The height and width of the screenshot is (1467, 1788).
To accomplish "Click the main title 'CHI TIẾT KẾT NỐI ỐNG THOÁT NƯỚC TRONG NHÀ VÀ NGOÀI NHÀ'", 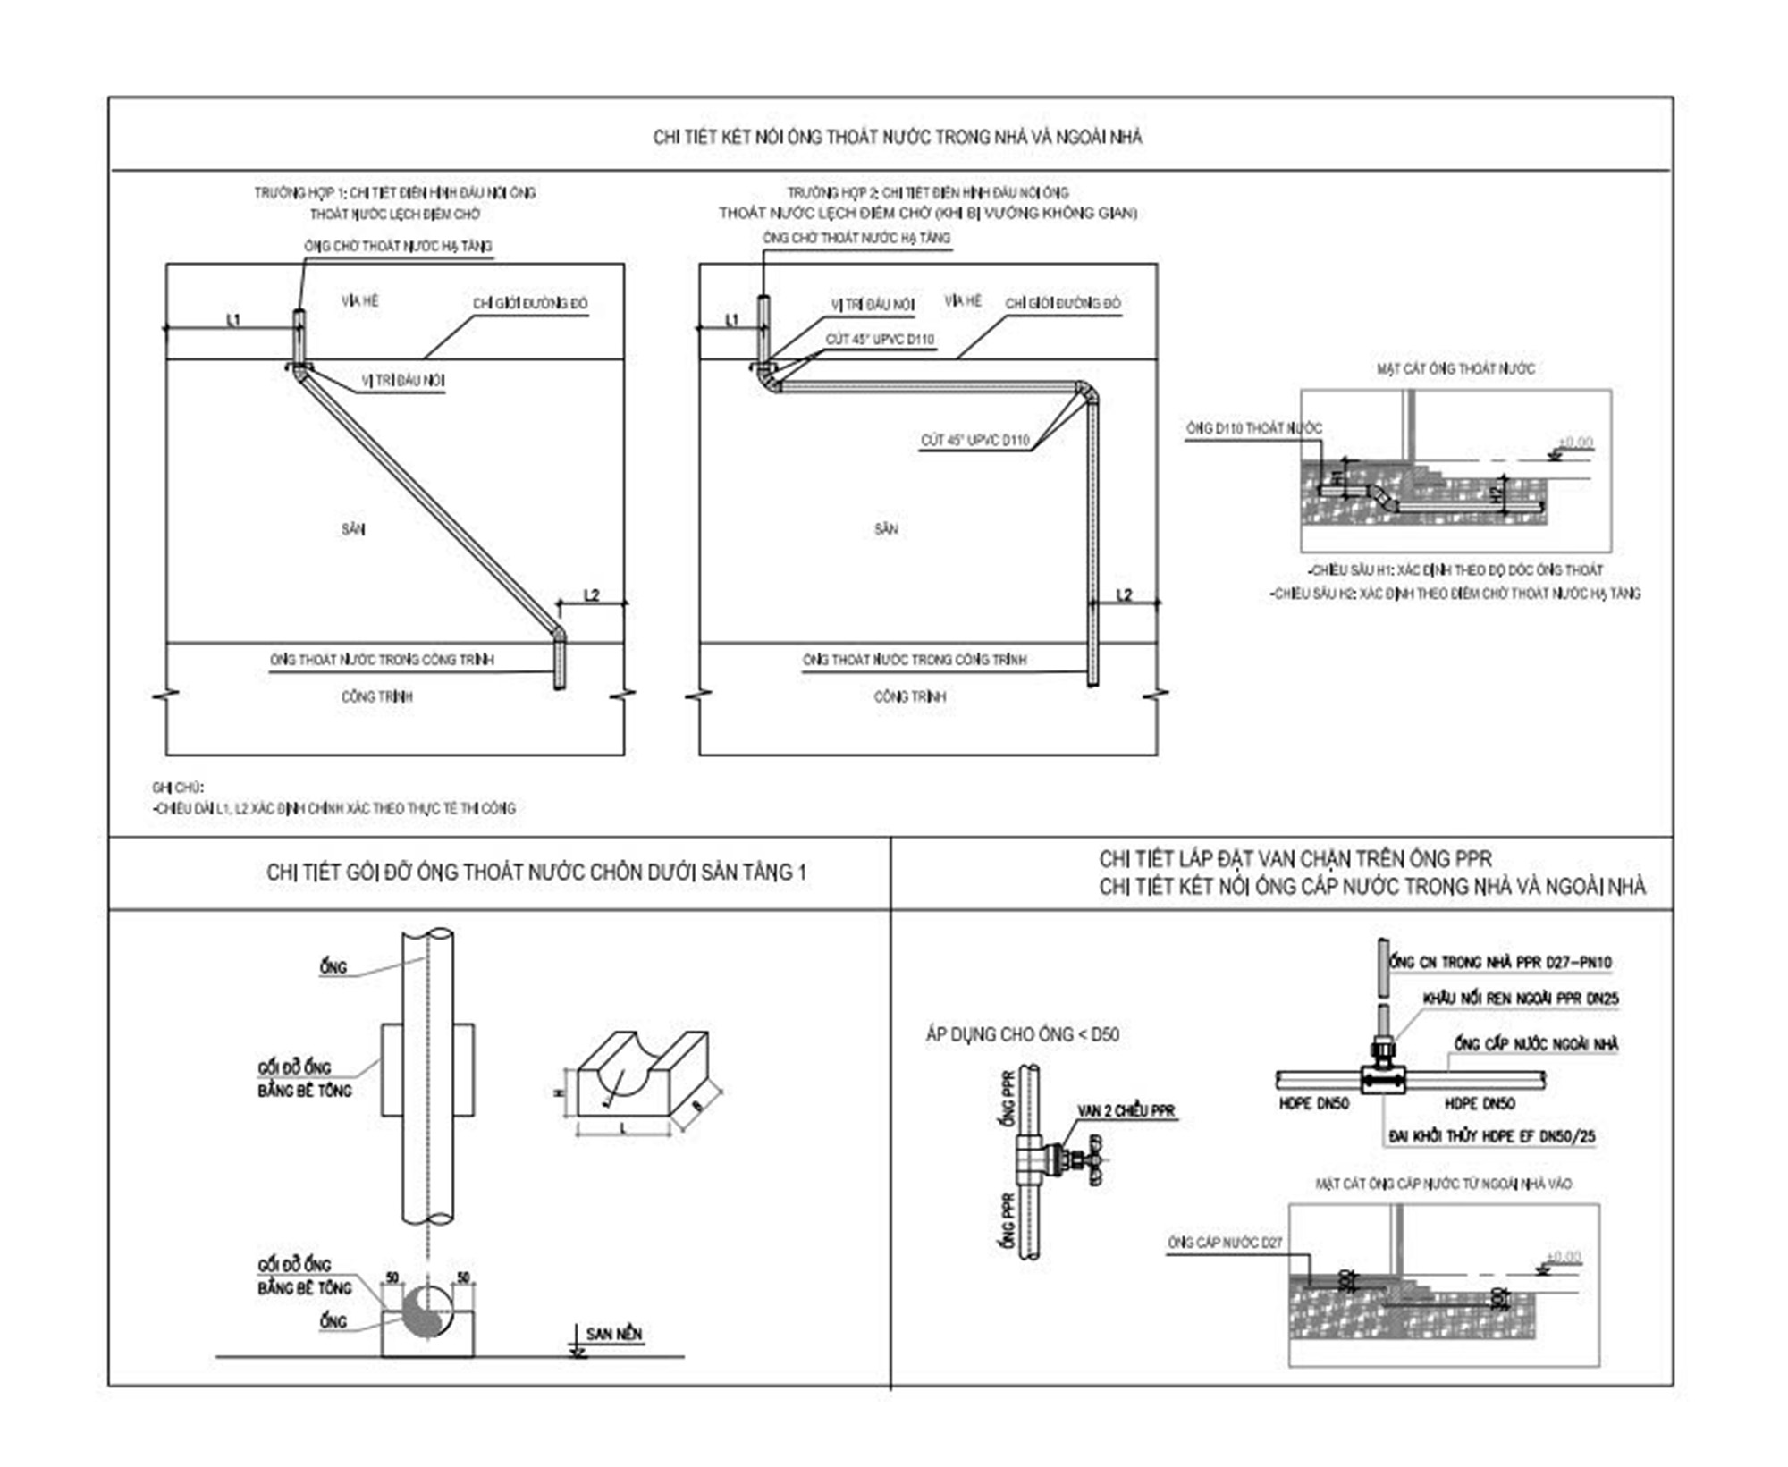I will tap(898, 137).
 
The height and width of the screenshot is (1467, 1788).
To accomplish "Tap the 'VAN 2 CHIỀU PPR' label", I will tap(1126, 1111).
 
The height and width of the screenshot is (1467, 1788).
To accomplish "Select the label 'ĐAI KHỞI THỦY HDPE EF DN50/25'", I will tap(1491, 1137).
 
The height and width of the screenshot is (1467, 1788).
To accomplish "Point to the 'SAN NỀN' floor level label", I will tap(614, 1334).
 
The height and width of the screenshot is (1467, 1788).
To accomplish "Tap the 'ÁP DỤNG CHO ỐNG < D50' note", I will tap(1022, 1034).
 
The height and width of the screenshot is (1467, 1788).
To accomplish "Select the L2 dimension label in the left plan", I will tap(591, 595).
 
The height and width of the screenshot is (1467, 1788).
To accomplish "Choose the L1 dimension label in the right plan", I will tap(732, 320).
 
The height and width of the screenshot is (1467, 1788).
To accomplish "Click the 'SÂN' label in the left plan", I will tap(353, 529).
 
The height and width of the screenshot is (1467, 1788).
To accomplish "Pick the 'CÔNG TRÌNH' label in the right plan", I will tap(909, 696).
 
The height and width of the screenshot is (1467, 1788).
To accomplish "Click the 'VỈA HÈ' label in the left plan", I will tap(359, 301).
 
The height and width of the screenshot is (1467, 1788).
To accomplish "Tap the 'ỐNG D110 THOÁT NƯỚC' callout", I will tap(1253, 429).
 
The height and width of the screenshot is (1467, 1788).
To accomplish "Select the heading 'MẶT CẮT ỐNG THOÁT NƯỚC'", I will tap(1455, 368).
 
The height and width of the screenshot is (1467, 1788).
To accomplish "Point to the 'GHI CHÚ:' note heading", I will tap(178, 788).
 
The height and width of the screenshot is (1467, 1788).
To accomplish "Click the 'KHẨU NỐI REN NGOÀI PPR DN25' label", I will tap(1521, 999).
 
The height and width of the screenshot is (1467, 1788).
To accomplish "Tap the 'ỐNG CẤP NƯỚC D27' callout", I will tap(1225, 1243).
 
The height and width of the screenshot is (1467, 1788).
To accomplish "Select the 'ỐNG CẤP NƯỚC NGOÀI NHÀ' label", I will tap(1536, 1043).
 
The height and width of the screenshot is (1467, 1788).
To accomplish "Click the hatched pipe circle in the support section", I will tap(427, 1311).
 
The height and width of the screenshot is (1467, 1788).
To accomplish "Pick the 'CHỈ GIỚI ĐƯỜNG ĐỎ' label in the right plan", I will tap(1062, 304).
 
